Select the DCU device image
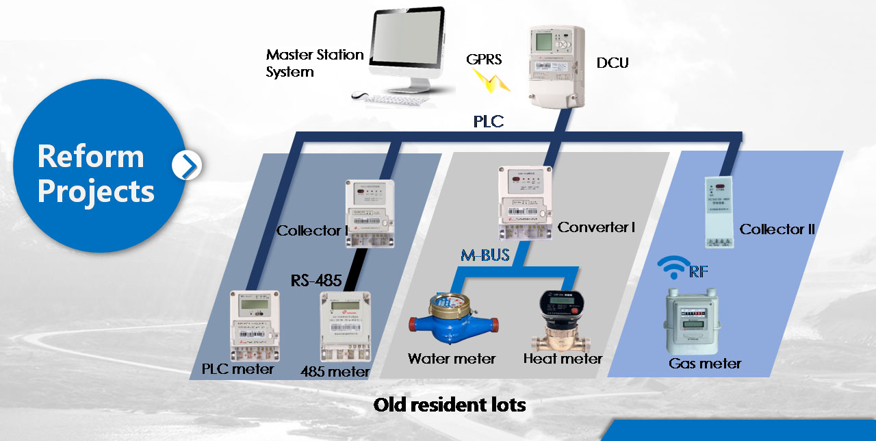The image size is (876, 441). pyautogui.click(x=558, y=65)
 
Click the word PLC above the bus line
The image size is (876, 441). pyautogui.click(x=489, y=122)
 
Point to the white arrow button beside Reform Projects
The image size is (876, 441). pyautogui.click(x=186, y=165)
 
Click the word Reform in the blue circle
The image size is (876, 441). pyautogui.click(x=90, y=156)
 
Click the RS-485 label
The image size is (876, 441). pyautogui.click(x=316, y=279)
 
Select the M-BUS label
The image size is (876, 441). pyautogui.click(x=485, y=256)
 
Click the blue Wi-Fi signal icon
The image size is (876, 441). pyautogui.click(x=673, y=268)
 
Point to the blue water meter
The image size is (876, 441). pyautogui.click(x=450, y=321)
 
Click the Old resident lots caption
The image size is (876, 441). pyautogui.click(x=450, y=405)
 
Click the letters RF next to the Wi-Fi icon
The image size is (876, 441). pyautogui.click(x=698, y=271)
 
